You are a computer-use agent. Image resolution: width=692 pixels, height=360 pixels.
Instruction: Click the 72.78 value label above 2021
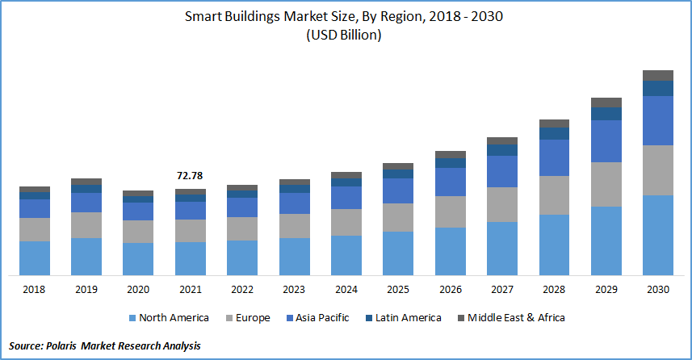tap(191, 175)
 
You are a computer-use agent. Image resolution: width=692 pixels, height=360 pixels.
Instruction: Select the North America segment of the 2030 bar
tap(658, 234)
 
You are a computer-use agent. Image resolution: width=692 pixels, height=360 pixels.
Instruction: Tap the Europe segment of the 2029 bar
tap(606, 184)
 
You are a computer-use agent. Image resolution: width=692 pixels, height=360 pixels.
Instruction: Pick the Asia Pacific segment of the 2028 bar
tap(554, 157)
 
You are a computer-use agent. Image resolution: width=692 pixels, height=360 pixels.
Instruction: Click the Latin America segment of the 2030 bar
tap(658, 88)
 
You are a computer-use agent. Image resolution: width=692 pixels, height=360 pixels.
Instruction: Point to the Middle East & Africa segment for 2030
tap(658, 75)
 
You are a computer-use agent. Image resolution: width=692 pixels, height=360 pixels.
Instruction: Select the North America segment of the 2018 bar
tap(35, 257)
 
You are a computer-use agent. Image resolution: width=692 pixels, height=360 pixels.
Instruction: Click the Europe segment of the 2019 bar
tap(86, 225)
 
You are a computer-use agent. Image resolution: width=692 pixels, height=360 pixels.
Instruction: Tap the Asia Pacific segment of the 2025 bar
tap(398, 190)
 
